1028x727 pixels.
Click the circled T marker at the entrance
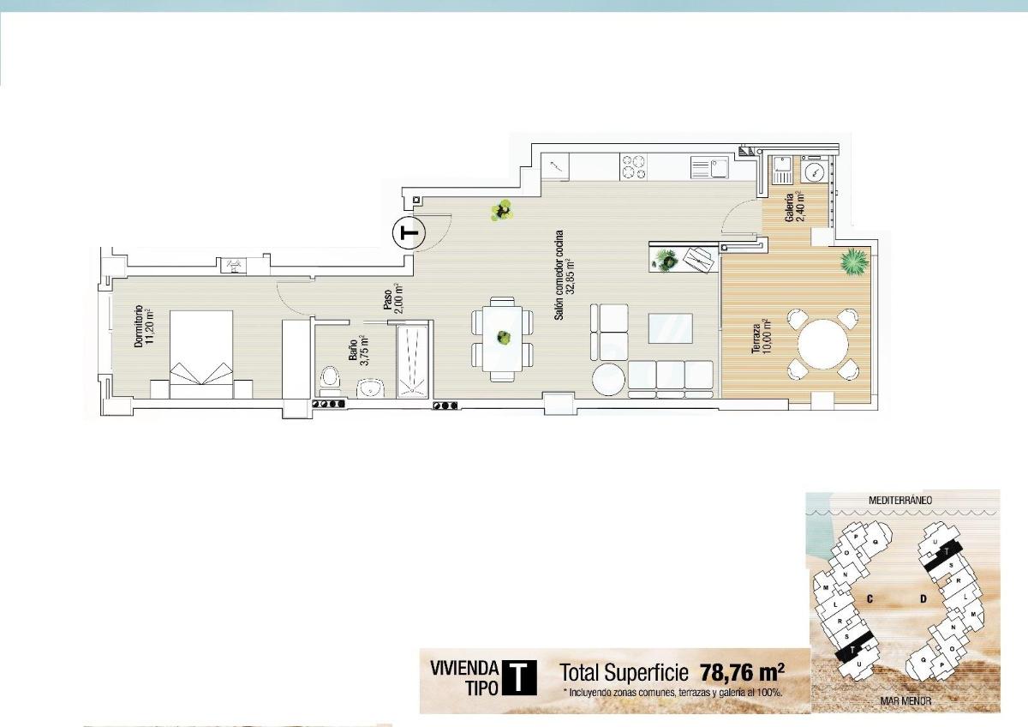click(x=409, y=232)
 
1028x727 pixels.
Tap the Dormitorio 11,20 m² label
click(x=142, y=327)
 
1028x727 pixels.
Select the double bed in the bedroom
click(x=201, y=353)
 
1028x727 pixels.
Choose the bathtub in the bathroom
click(x=413, y=359)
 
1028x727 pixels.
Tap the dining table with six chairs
click(x=503, y=339)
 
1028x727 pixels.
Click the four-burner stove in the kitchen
click(x=634, y=166)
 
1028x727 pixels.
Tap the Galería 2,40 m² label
click(x=794, y=206)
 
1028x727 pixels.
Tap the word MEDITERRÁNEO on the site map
click(x=899, y=499)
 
